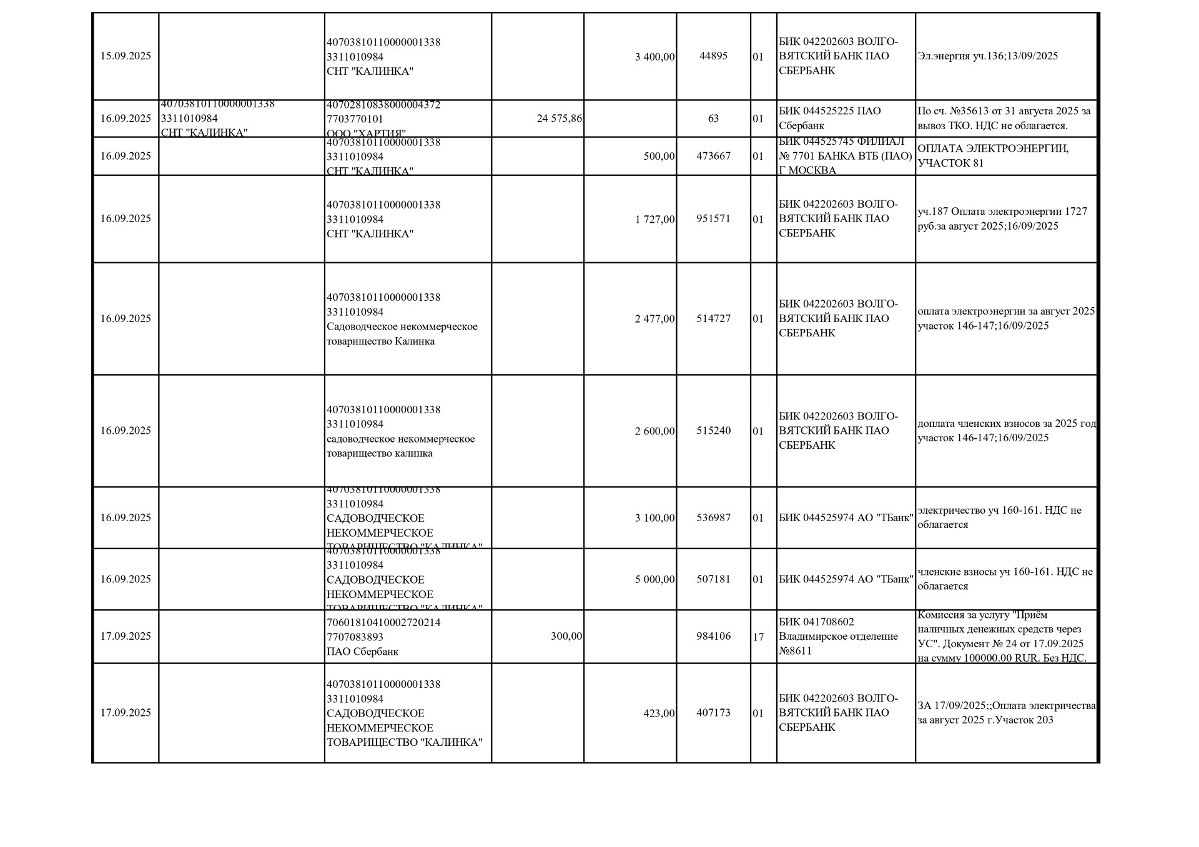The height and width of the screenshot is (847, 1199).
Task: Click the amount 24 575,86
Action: click(x=559, y=119)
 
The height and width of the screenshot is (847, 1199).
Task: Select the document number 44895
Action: click(x=713, y=56)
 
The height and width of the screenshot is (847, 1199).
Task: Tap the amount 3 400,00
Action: click(x=654, y=57)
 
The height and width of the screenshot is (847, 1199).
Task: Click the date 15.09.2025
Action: click(x=126, y=56)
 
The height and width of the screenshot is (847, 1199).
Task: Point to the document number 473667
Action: click(x=713, y=156)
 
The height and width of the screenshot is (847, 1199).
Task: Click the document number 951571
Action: click(x=713, y=219)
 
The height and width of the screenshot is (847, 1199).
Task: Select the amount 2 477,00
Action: click(x=654, y=319)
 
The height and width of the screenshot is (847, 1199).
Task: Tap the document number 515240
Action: click(x=713, y=431)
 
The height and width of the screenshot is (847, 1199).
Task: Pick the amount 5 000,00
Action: click(x=654, y=579)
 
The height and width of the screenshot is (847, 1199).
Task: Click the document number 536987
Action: click(x=713, y=518)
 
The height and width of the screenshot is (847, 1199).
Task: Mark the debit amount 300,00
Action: click(x=566, y=637)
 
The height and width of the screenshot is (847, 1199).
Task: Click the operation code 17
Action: click(x=758, y=637)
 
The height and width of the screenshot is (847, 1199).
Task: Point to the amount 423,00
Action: click(x=659, y=713)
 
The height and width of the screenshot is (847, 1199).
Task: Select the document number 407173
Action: click(x=713, y=713)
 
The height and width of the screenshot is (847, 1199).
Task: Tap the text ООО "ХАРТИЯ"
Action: click(x=366, y=134)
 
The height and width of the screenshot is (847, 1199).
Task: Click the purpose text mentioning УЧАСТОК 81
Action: click(x=993, y=156)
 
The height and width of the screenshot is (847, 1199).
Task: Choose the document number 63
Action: click(x=713, y=119)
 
